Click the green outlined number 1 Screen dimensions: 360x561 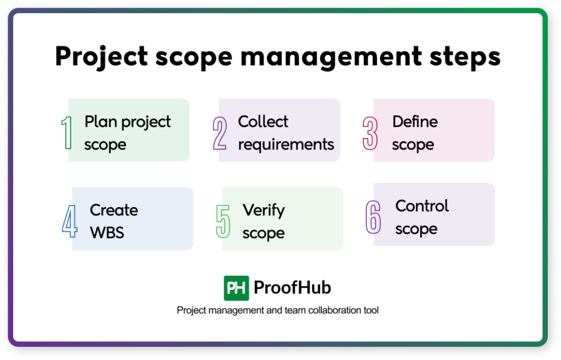coord(66,133)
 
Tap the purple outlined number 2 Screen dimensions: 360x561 coord(220,133)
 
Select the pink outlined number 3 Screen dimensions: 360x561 coord(371,133)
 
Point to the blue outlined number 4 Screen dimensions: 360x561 coord(70,221)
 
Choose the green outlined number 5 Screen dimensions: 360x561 coord(223,221)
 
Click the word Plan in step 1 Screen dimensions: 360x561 coord(101,122)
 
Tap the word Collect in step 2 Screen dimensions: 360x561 coord(263,122)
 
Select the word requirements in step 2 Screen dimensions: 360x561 coord(286,145)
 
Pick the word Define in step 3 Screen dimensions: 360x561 coord(415,122)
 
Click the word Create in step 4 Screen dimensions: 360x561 coord(114,210)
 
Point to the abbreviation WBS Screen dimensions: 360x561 coord(107,232)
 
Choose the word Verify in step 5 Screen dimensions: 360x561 coord(264,210)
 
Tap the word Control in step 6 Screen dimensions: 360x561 coord(422,206)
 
